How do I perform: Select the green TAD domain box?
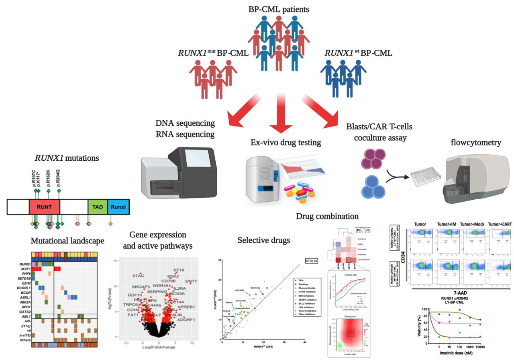(97, 206)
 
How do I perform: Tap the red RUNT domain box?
(44, 206)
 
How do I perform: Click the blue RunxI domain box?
(118, 206)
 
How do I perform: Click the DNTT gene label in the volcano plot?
(192, 281)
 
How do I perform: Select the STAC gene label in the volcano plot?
(138, 276)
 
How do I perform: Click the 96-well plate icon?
(425, 176)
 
